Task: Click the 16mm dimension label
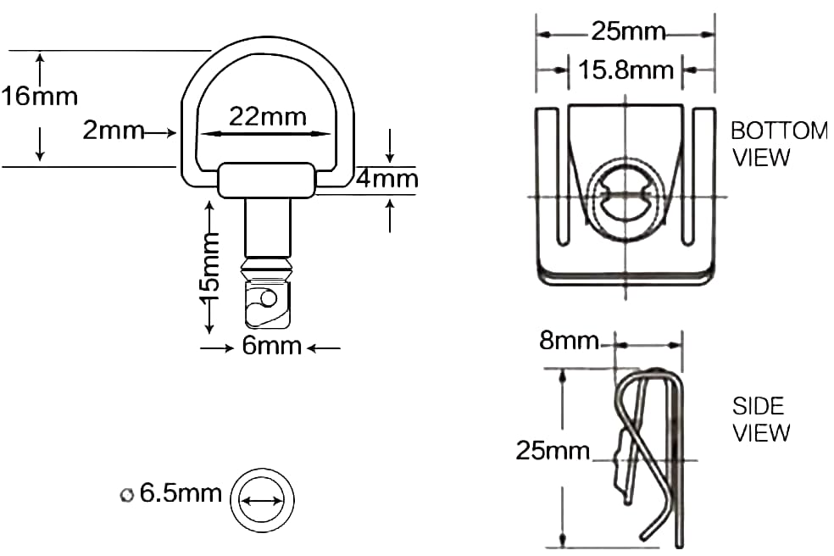click(39, 96)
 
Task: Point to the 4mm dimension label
click(386, 180)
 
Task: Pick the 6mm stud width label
click(272, 346)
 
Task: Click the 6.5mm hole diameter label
click(180, 493)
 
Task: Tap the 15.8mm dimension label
click(625, 69)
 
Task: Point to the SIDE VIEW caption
click(761, 420)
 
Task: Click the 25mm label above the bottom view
click(628, 33)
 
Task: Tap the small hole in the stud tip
click(268, 298)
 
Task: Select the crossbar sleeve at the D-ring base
click(268, 181)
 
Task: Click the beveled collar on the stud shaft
click(268, 271)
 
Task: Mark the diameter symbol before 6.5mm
click(127, 494)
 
